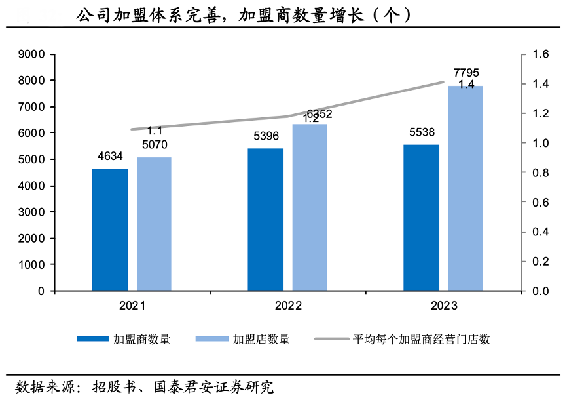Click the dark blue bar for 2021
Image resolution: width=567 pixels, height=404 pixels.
coord(110,230)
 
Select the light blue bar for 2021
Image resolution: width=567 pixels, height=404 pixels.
coord(154,224)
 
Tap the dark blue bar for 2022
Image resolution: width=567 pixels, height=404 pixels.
coord(265,219)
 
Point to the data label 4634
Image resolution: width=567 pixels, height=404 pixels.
coord(110,156)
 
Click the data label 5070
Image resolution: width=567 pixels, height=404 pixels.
coord(154,144)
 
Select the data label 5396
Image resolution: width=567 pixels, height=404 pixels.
coord(265,136)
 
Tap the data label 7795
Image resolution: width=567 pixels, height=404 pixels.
coord(466,72)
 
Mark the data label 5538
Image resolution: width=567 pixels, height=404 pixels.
coord(421,132)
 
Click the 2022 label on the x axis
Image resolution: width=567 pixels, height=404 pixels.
coord(288,306)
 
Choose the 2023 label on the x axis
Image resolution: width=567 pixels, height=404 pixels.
coord(444,306)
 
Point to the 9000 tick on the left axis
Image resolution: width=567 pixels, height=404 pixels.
coord(32,54)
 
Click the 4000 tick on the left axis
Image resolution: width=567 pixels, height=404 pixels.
coord(32,186)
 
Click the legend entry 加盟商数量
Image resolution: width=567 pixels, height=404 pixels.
coord(141,339)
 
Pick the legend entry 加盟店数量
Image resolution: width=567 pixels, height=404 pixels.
coord(261,339)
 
